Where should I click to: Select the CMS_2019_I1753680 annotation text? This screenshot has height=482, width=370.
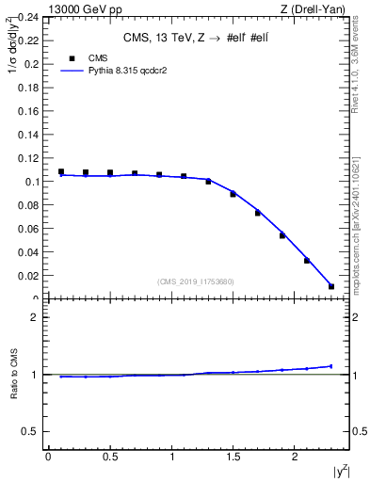196,281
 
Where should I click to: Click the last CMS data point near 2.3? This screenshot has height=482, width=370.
331,286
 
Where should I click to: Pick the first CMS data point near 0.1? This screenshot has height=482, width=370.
61,172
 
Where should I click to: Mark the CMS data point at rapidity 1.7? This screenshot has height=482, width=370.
257,213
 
